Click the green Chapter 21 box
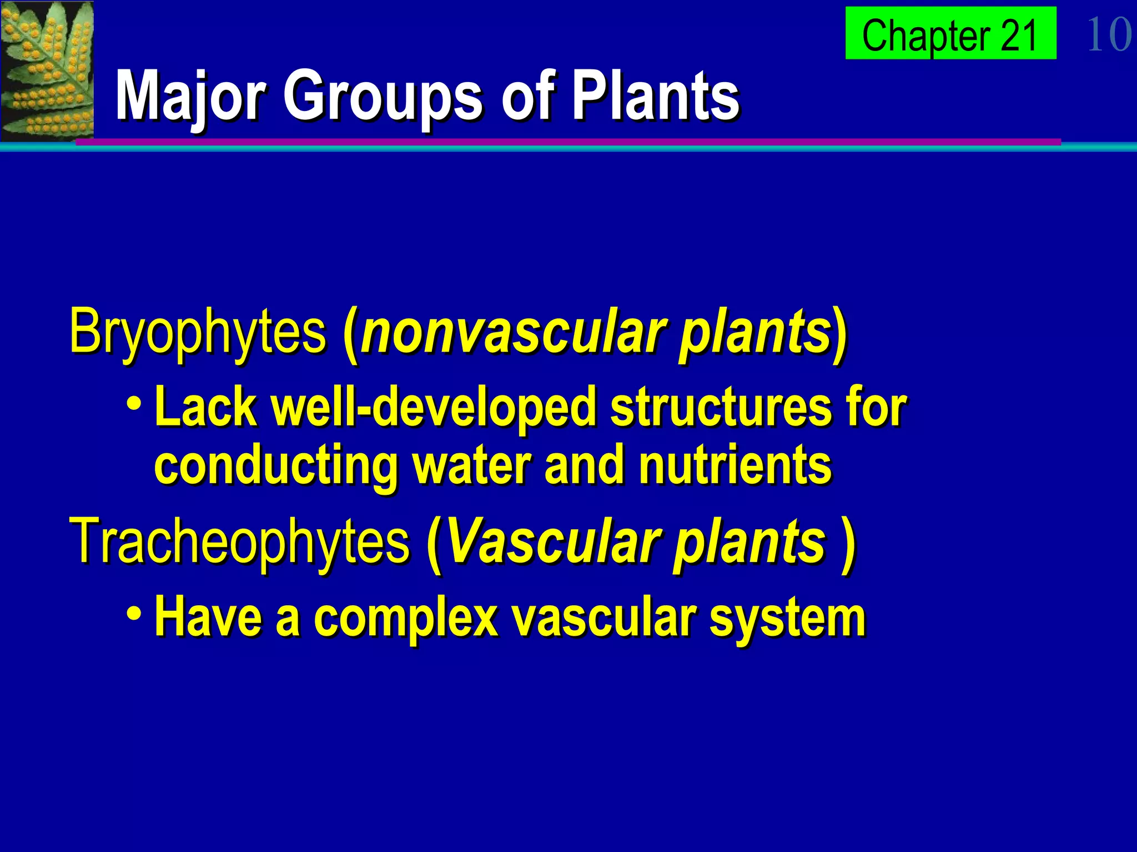[950, 33]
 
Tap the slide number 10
[1108, 34]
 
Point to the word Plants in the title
[655, 95]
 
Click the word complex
[405, 619]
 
